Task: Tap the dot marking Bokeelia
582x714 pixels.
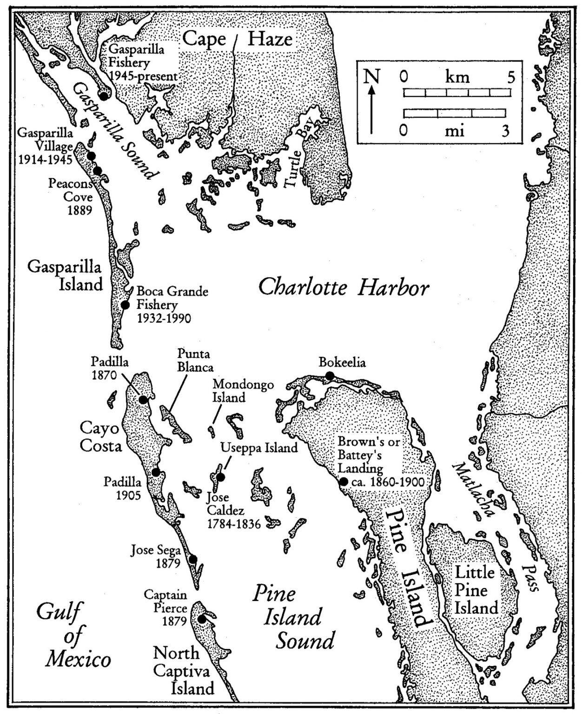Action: [330, 376]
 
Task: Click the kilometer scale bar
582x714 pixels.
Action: [454, 93]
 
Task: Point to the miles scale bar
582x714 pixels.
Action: [454, 113]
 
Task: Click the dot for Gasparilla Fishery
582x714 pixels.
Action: [104, 95]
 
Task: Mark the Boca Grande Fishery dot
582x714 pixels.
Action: [125, 305]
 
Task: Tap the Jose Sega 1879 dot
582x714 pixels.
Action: [192, 559]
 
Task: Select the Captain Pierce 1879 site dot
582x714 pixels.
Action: [202, 619]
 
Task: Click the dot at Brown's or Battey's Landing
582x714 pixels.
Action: [344, 482]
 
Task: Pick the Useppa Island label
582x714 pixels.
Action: [259, 448]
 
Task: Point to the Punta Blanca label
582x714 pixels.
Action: [195, 360]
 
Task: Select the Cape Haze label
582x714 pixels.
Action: [237, 39]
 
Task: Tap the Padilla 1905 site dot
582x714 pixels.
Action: [156, 472]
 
